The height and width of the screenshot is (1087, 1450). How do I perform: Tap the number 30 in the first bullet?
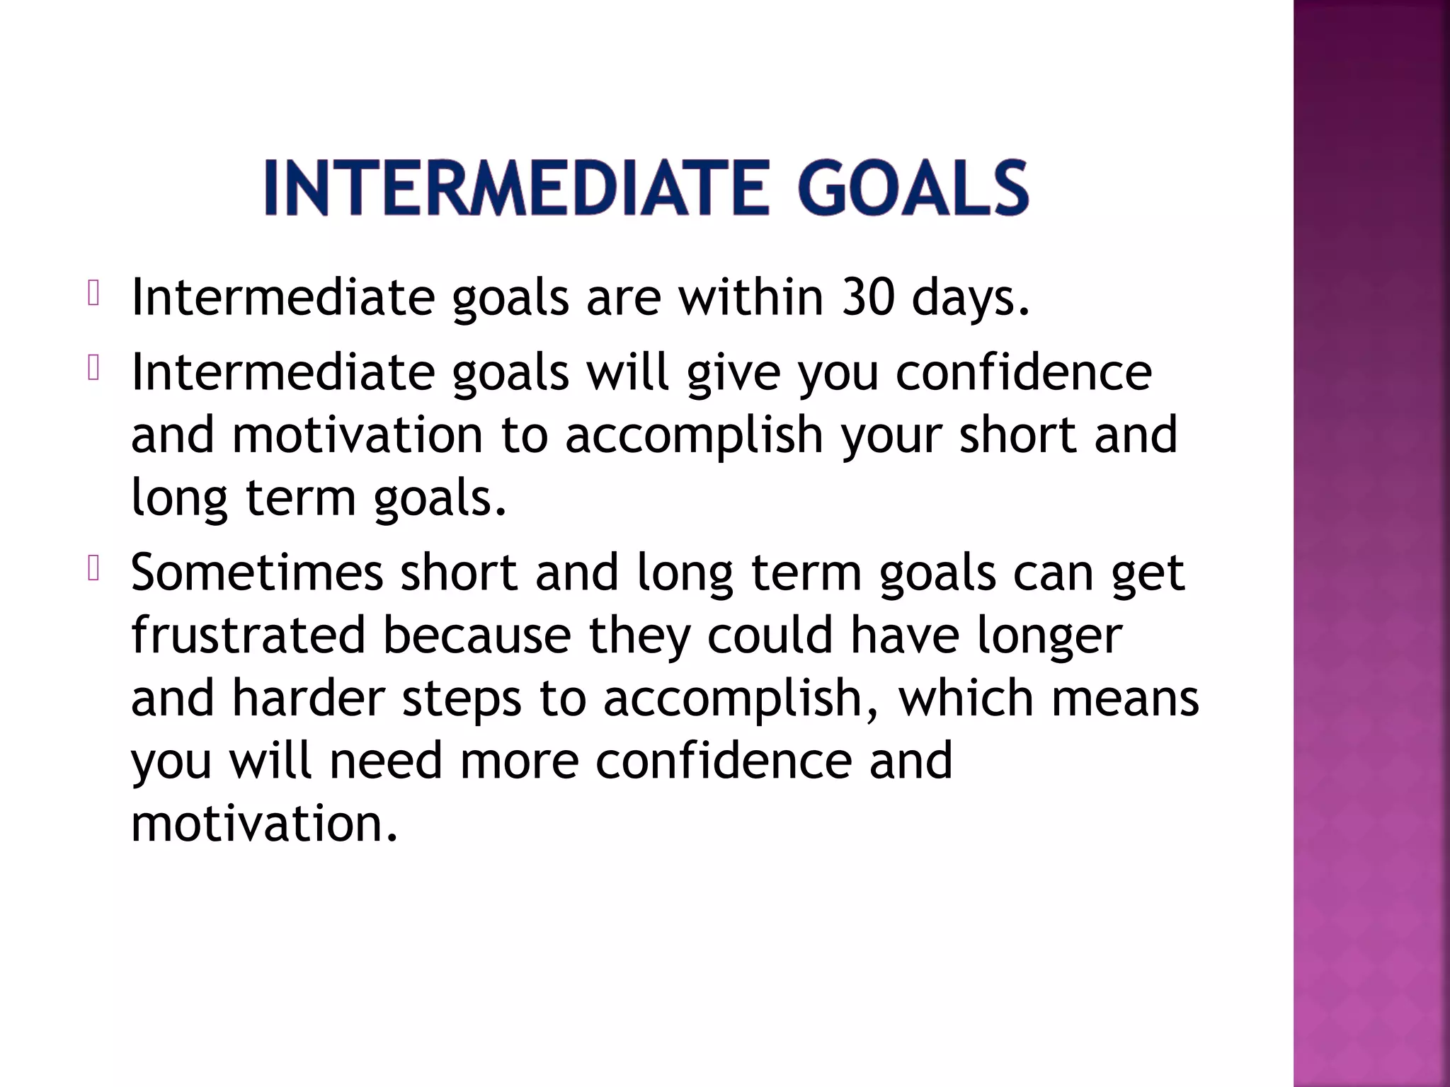(868, 297)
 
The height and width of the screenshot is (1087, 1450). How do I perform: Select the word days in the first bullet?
(969, 297)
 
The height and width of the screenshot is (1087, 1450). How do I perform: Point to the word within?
(751, 297)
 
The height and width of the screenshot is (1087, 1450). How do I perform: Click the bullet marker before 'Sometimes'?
(93, 569)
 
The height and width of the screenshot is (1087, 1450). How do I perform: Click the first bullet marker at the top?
(93, 293)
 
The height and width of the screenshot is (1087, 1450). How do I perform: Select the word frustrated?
(248, 634)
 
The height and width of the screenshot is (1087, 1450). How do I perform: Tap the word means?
(1125, 698)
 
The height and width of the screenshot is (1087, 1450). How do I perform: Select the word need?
(385, 760)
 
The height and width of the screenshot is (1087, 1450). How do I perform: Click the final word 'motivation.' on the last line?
(265, 823)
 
